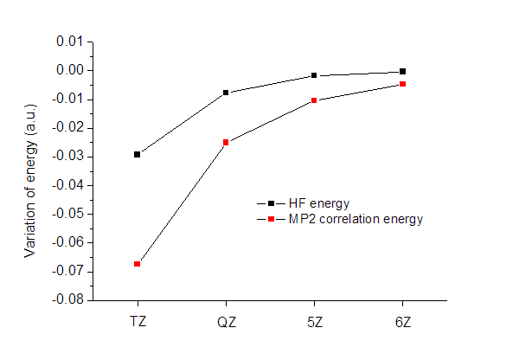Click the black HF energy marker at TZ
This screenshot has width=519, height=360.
tap(138, 154)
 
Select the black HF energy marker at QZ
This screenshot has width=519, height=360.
tap(226, 93)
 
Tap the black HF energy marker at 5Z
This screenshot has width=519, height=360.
tap(314, 75)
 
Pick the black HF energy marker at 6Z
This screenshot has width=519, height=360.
tap(402, 71)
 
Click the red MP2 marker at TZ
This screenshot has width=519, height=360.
tap(138, 263)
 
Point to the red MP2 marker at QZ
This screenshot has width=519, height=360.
tap(226, 142)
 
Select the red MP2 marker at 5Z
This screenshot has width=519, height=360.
tap(314, 100)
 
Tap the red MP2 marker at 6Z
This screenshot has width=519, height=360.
tap(402, 84)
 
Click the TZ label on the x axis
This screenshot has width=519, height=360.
tap(138, 321)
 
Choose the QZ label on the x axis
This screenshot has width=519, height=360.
tap(226, 321)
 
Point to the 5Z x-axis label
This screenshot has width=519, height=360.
tap(314, 321)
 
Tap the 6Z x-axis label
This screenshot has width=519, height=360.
tap(402, 321)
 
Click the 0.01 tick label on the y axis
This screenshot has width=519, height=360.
tap(70, 42)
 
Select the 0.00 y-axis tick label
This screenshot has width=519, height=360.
tap(70, 70)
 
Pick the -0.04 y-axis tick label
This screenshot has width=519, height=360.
tap(68, 185)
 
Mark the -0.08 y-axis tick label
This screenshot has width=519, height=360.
tap(68, 300)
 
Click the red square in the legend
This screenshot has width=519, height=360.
tap(271, 219)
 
